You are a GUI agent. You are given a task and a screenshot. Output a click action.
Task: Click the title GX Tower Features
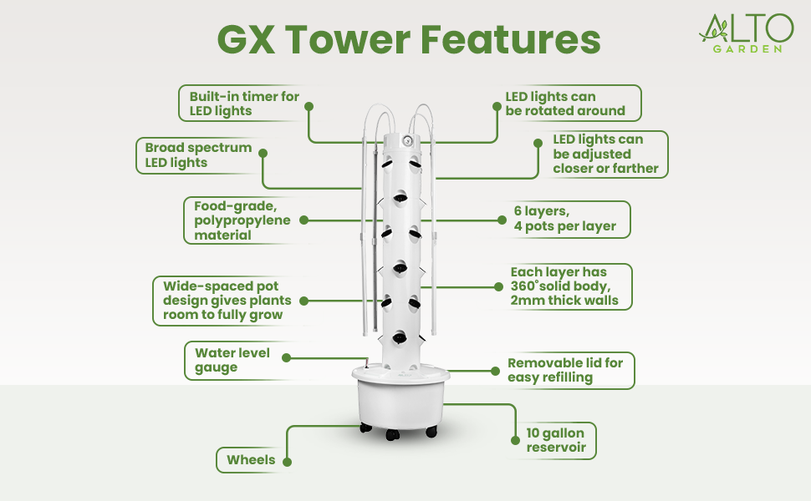[x=409, y=39]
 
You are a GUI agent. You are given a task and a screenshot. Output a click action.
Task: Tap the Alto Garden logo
[x=746, y=33]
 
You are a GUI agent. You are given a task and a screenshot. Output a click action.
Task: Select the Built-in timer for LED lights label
[x=244, y=104]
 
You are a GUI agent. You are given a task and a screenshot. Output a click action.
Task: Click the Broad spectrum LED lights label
[x=198, y=155]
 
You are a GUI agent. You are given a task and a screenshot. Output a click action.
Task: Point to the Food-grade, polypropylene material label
[x=242, y=220]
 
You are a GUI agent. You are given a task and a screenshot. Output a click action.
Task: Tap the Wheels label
[x=252, y=459]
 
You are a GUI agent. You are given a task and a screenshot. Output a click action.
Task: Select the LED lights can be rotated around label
[x=565, y=104]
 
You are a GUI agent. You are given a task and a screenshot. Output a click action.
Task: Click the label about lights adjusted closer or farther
[x=605, y=154]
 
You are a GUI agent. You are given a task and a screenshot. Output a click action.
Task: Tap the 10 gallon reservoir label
[x=555, y=442]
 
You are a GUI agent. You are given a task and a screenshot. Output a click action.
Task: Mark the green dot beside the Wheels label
[x=287, y=460]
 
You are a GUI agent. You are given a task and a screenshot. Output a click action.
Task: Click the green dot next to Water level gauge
[x=285, y=357]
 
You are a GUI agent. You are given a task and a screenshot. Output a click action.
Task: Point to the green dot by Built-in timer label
[x=308, y=107]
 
